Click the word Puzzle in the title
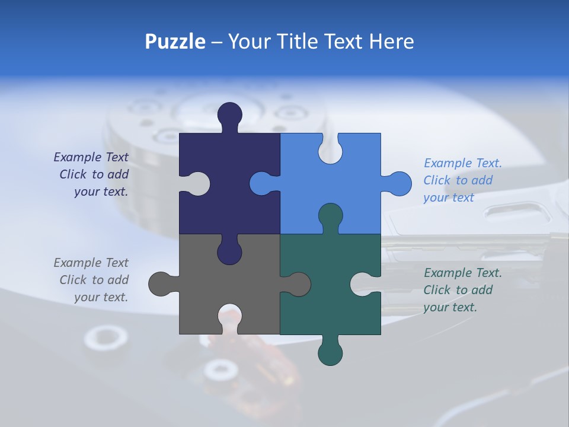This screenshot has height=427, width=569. point(175,42)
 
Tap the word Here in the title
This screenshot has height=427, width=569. point(391,42)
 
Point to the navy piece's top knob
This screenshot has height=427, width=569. point(230,114)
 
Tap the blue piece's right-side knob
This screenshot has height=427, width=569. point(399,183)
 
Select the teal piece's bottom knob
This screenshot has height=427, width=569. point(330,353)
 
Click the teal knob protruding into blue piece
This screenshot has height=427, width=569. point(330,216)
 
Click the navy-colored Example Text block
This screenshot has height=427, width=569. point(92,174)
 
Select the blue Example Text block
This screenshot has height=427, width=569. point(462,180)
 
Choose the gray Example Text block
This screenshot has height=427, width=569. point(92,280)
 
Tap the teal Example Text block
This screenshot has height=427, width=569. point(462,290)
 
